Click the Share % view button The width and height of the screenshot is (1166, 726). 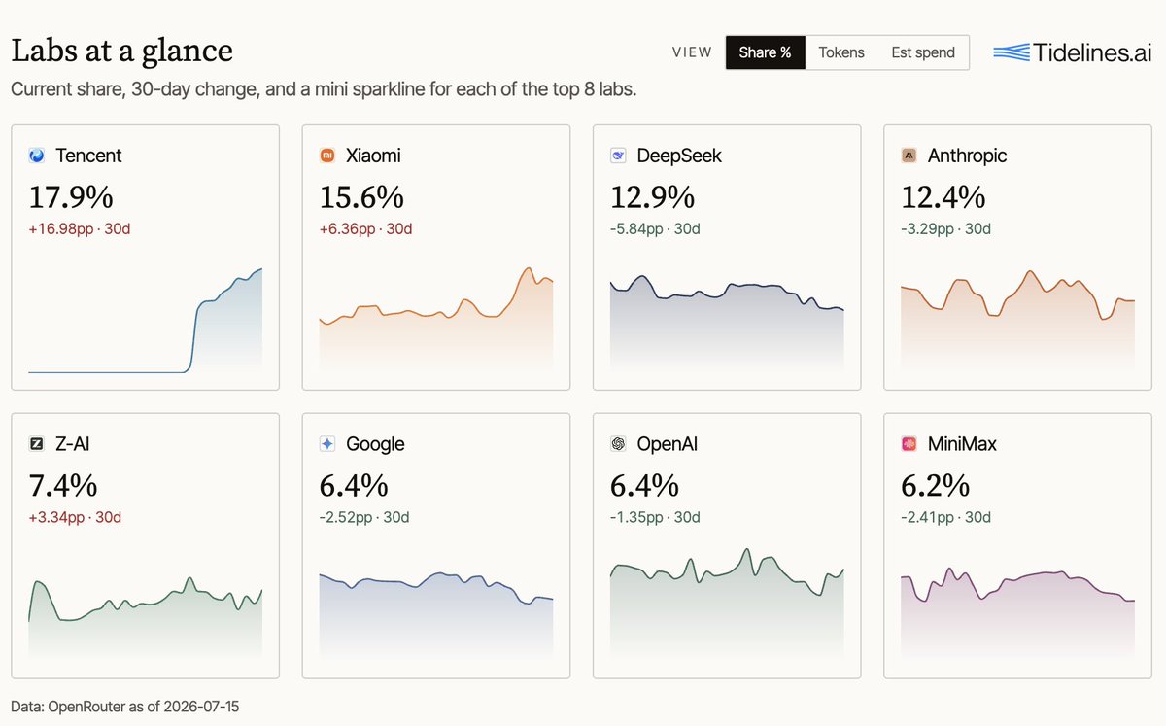[766, 52]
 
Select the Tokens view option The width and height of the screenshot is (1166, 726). [841, 52]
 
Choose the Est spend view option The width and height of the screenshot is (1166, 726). [923, 52]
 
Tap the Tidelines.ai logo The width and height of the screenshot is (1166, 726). [1073, 52]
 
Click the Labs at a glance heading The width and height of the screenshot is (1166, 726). [121, 52]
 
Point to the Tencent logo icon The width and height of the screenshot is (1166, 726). [37, 156]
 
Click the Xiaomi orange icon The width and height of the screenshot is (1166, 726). [327, 156]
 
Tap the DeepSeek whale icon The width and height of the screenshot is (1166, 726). [618, 156]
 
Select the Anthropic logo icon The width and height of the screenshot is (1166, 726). [909, 156]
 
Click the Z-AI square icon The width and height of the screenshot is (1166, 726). [37, 444]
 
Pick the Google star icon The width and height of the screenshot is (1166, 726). [327, 444]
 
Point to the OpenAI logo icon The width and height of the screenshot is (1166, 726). [618, 444]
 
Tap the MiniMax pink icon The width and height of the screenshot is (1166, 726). [909, 444]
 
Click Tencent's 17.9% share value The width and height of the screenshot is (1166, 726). [71, 197]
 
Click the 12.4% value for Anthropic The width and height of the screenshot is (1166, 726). [943, 197]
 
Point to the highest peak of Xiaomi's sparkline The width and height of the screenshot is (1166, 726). [529, 268]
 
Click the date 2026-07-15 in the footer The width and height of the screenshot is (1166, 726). [201, 707]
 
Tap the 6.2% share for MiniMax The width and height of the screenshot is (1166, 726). [936, 486]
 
